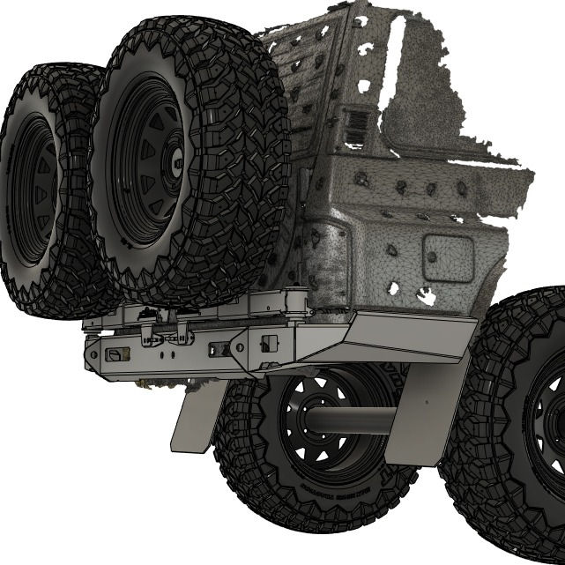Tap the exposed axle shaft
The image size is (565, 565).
(x=353, y=422)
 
